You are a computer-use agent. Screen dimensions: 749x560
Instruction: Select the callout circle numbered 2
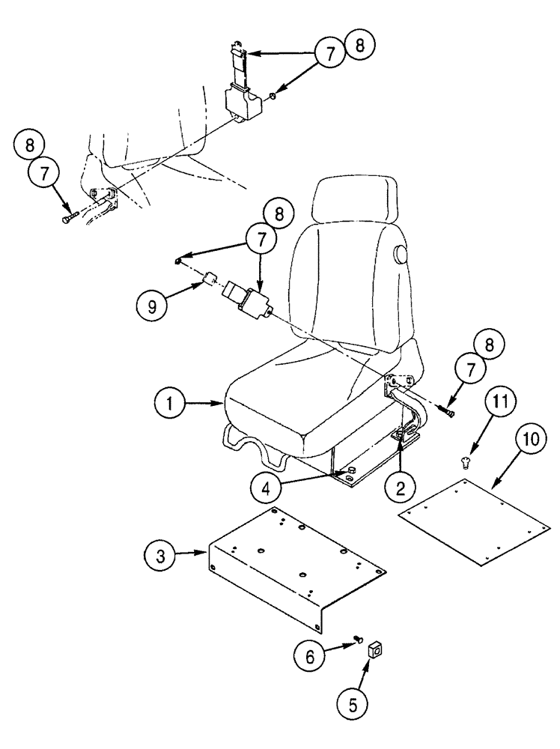(401, 488)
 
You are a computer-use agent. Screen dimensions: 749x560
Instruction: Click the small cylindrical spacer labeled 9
(210, 283)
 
